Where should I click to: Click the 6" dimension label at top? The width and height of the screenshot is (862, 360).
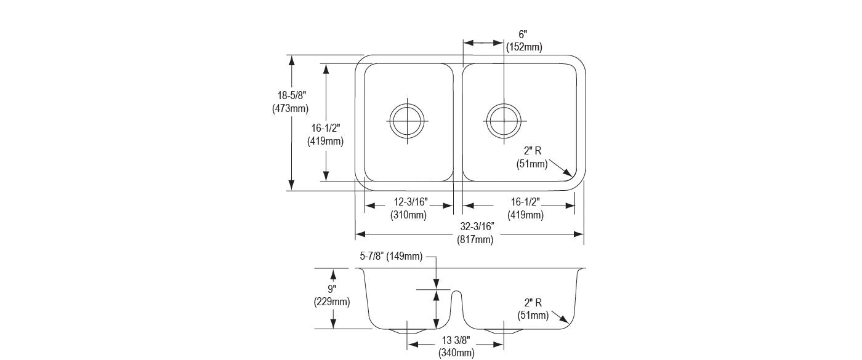tap(523, 34)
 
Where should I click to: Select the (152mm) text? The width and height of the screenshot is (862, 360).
tap(524, 47)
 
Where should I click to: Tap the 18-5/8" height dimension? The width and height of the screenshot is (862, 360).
tap(292, 95)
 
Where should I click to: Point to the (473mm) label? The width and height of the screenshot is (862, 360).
tap(291, 109)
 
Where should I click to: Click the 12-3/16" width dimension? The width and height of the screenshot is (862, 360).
tap(411, 202)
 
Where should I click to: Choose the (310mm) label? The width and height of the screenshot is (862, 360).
tap(409, 215)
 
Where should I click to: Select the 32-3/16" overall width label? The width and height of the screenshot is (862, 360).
tap(477, 226)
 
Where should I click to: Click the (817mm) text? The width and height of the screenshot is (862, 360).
tap(475, 239)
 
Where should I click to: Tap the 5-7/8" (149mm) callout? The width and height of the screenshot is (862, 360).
tap(391, 256)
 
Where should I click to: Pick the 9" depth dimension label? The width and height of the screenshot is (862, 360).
tap(332, 289)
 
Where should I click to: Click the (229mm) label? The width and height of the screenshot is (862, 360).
tap(332, 302)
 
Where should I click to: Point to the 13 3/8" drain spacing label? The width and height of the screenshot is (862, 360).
tap(456, 340)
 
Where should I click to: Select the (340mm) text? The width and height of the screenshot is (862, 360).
tap(456, 353)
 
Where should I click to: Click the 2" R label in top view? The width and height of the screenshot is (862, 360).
tap(533, 151)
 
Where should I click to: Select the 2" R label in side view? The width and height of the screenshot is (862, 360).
tap(533, 303)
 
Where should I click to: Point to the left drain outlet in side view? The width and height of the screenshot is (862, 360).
tap(407, 332)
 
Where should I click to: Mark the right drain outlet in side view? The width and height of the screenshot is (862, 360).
tap(504, 332)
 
